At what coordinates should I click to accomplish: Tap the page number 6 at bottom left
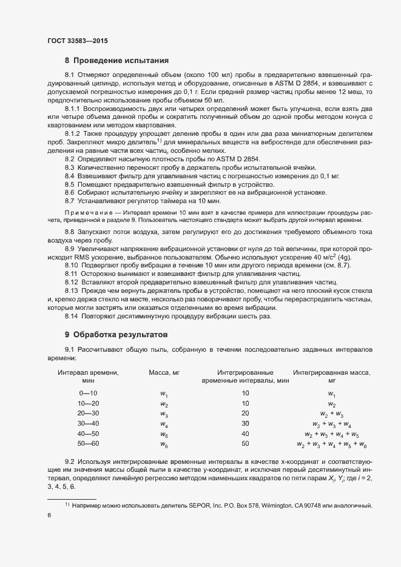point(49,514)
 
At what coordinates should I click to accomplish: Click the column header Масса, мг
point(165,372)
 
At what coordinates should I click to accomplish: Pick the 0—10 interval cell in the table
point(88,393)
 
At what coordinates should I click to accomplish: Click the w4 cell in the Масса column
point(164,424)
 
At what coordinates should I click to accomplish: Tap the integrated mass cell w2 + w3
point(332,414)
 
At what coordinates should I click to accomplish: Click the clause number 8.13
point(72,290)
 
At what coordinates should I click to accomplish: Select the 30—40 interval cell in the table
point(88,424)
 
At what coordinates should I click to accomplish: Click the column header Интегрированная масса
point(331,372)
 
